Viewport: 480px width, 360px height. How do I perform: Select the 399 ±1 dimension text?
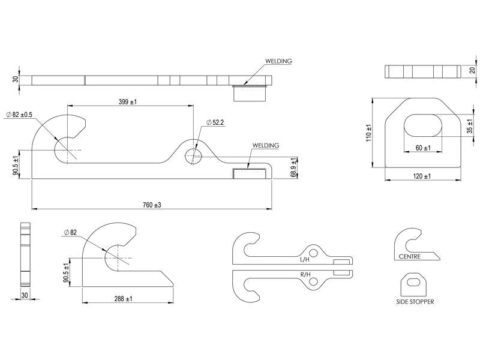[x=128, y=102]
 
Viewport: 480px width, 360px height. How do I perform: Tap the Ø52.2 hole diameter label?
[x=214, y=122]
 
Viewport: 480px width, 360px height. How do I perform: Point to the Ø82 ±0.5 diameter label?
[x=19, y=115]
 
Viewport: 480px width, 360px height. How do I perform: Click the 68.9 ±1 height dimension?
[x=293, y=167]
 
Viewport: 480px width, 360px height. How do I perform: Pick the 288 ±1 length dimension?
[x=123, y=298]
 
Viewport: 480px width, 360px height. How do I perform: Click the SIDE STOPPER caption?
[x=415, y=302]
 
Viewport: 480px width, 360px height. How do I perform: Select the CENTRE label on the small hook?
[x=409, y=257]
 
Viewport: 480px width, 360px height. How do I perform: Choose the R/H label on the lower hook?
[x=305, y=274]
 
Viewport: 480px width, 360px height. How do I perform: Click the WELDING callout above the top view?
[x=278, y=61]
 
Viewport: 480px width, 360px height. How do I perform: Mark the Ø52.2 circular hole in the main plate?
[x=193, y=155]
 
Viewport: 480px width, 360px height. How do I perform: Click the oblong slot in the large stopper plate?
[x=423, y=128]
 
